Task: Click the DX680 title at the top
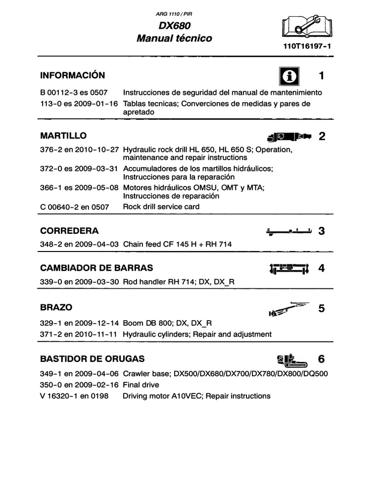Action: [x=174, y=26]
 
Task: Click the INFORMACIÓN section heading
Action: [x=72, y=75]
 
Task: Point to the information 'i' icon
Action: [x=290, y=76]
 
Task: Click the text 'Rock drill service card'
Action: [x=161, y=207]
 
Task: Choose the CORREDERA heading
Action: [x=69, y=231]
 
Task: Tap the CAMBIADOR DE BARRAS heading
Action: [x=96, y=268]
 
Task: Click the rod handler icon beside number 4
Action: [x=289, y=269]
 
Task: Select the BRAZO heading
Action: [x=56, y=307]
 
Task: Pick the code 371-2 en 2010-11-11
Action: [x=79, y=334]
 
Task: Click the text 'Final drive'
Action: [x=141, y=385]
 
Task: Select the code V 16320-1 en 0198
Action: [x=74, y=396]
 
